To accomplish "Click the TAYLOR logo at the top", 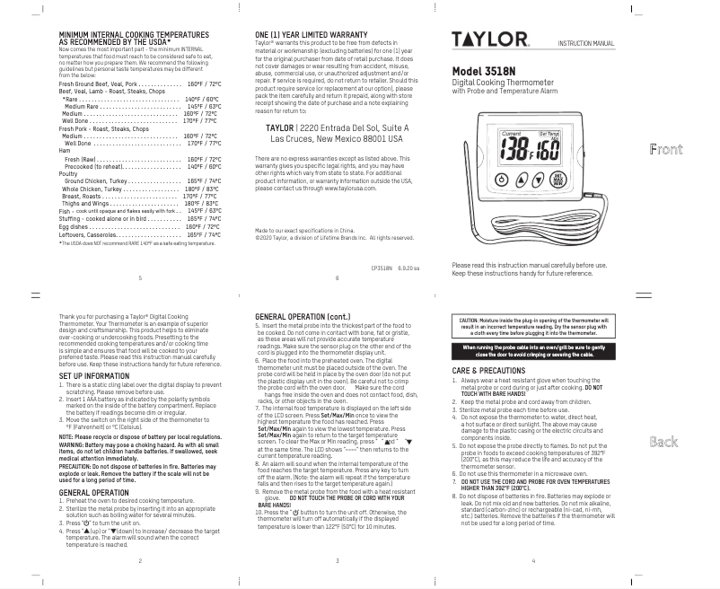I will coord(489,40).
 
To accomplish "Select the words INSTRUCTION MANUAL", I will coord(585,43).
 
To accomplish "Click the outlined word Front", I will coord(665,149).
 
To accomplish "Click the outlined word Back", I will coord(663,442).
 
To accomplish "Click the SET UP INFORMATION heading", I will coord(93,376).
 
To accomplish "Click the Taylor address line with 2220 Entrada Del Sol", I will coord(337,128).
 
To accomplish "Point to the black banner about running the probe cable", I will coord(533,350).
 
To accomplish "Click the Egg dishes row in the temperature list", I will coord(139,227).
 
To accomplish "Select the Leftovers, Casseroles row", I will coord(139,234).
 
